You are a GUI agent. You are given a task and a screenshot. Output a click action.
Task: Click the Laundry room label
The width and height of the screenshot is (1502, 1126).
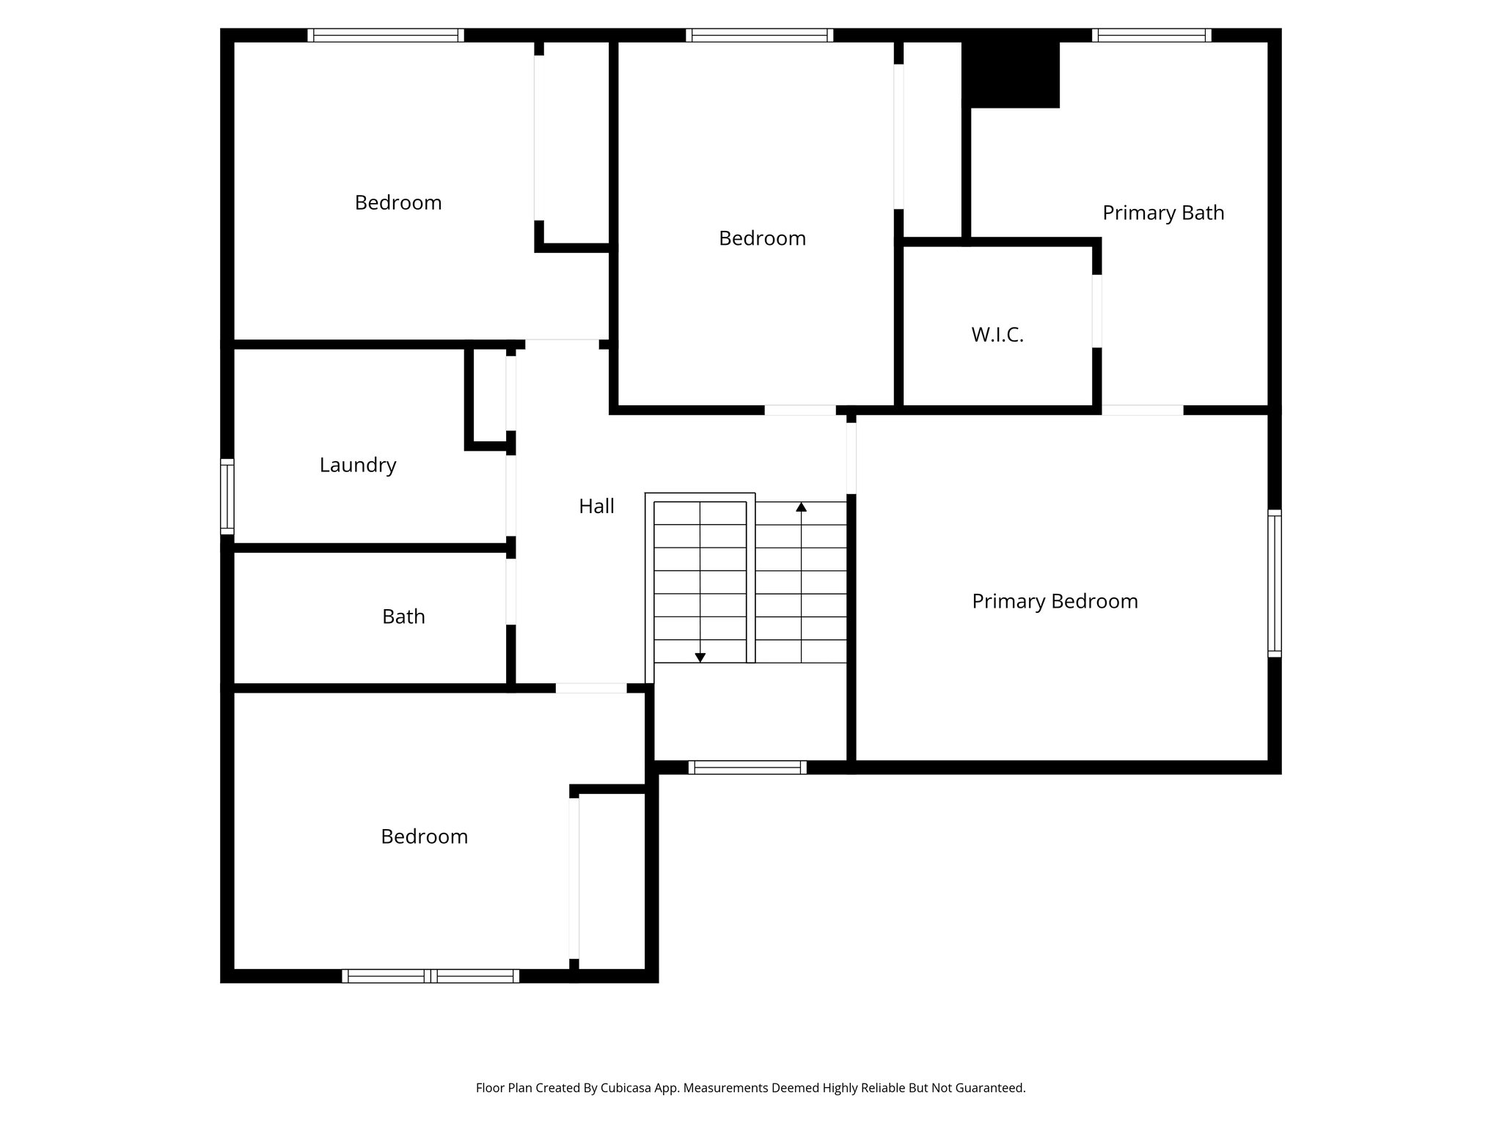tap(358, 465)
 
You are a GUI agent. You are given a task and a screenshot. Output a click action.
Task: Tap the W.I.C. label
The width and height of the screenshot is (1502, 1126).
tap(997, 335)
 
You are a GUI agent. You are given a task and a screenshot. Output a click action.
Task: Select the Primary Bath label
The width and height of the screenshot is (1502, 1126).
tap(1163, 213)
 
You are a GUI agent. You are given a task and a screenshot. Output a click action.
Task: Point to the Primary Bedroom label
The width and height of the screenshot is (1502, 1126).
tap(1055, 601)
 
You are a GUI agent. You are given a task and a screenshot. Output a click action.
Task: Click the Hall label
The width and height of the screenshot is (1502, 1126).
tap(596, 506)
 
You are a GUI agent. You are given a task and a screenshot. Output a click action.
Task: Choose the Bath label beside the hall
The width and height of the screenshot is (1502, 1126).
tap(403, 617)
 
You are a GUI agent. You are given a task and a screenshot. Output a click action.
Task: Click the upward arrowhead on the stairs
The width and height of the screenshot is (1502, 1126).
tap(802, 507)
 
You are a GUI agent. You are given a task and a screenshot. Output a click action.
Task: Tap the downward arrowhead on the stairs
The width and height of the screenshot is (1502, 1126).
tap(700, 658)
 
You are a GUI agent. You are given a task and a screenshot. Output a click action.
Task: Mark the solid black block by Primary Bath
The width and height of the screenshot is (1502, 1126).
tap(1011, 73)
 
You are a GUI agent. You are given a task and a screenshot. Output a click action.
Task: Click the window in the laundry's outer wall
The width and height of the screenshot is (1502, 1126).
tap(227, 496)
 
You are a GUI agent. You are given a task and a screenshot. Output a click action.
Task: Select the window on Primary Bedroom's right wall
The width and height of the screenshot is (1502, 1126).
tap(1275, 583)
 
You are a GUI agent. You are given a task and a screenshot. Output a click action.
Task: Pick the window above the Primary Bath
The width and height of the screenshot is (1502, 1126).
tap(1151, 35)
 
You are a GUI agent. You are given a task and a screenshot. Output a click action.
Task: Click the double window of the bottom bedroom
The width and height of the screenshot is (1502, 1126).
tap(431, 976)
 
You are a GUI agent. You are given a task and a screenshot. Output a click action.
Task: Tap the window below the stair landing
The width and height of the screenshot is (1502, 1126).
tap(747, 768)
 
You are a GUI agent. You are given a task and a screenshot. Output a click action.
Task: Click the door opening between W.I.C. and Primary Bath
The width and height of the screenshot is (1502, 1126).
tap(1097, 311)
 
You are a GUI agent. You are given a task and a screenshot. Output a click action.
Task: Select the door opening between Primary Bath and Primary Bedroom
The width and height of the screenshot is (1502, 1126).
tap(1142, 410)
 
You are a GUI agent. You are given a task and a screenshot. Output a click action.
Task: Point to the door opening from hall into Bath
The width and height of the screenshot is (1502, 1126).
tap(510, 592)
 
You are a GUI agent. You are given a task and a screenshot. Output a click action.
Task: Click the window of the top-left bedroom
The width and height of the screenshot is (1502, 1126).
tap(386, 35)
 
